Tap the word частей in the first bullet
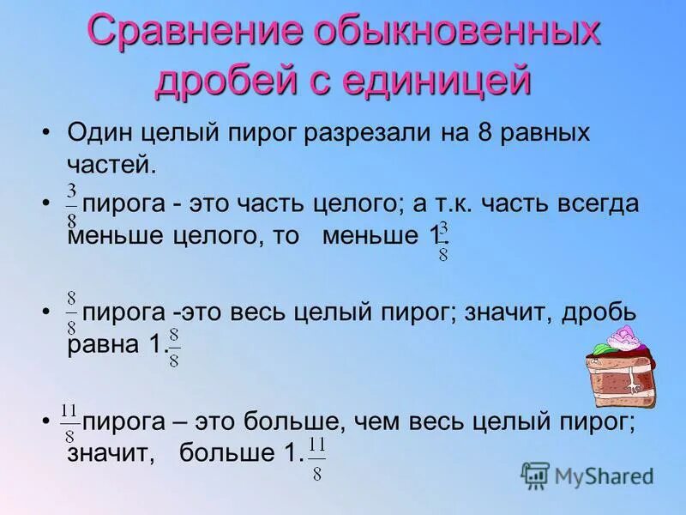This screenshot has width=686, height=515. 111,164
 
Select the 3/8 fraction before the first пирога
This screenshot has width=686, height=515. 72,204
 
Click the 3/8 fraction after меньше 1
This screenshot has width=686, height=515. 443,242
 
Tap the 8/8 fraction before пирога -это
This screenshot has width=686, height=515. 72,312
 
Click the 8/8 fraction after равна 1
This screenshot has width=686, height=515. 173,347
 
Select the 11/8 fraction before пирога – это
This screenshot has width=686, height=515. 70,418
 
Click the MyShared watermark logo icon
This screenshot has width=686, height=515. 535,476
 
